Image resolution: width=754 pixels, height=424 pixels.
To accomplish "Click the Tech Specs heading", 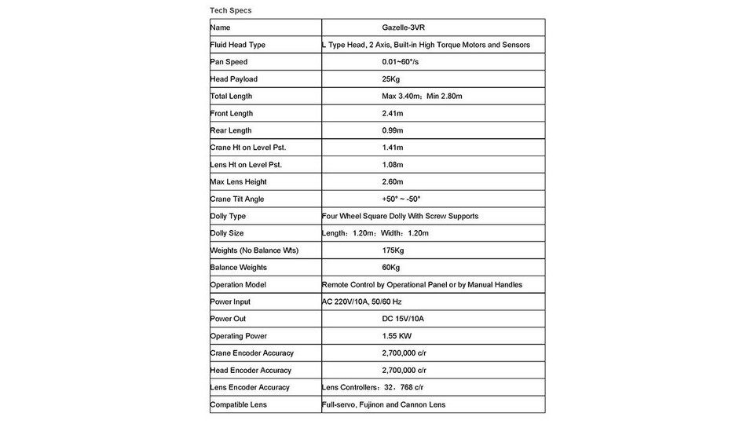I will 231,10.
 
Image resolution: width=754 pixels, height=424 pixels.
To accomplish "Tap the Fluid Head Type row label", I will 238,45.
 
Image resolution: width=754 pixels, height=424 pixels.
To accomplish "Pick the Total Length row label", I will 231,96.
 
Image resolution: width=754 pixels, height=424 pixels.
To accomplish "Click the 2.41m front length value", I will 393,113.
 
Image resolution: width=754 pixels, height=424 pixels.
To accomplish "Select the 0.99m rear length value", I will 393,130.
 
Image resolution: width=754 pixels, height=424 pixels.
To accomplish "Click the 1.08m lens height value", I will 393,165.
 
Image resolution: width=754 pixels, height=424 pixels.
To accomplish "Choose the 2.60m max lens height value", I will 393,182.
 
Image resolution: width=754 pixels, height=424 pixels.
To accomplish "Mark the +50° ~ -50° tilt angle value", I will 401,199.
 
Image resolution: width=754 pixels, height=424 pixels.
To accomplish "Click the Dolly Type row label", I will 229,216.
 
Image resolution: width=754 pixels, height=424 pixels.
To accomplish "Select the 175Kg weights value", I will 393,250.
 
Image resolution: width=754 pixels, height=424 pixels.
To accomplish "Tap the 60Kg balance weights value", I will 391,268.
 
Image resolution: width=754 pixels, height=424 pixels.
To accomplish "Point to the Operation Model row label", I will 239,285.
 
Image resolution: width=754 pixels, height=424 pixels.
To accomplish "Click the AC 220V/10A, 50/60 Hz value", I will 361,302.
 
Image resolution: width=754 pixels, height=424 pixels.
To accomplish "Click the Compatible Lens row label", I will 239,404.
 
